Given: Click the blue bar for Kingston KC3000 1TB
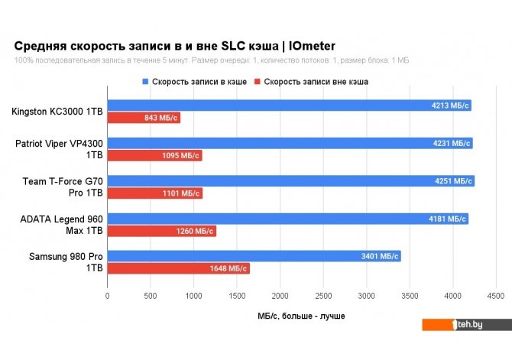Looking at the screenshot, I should coord(289,105).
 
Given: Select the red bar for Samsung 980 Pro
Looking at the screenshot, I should coord(178,269).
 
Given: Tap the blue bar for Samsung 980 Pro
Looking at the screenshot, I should coord(254,256).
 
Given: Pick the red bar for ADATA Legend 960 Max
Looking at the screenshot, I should coord(161,232).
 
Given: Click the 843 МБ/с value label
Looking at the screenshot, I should coord(160,118).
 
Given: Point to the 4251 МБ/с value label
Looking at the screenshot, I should coord(452,181).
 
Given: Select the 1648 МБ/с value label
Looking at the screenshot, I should coord(228,269).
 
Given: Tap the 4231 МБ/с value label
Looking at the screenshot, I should coord(451,143).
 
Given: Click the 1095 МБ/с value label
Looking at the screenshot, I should coord(180,156).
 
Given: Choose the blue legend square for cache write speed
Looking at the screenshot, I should coord(145,81).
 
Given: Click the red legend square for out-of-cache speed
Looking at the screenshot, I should coord(258,81).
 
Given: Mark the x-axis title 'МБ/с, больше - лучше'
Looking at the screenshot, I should coord(302,315).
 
